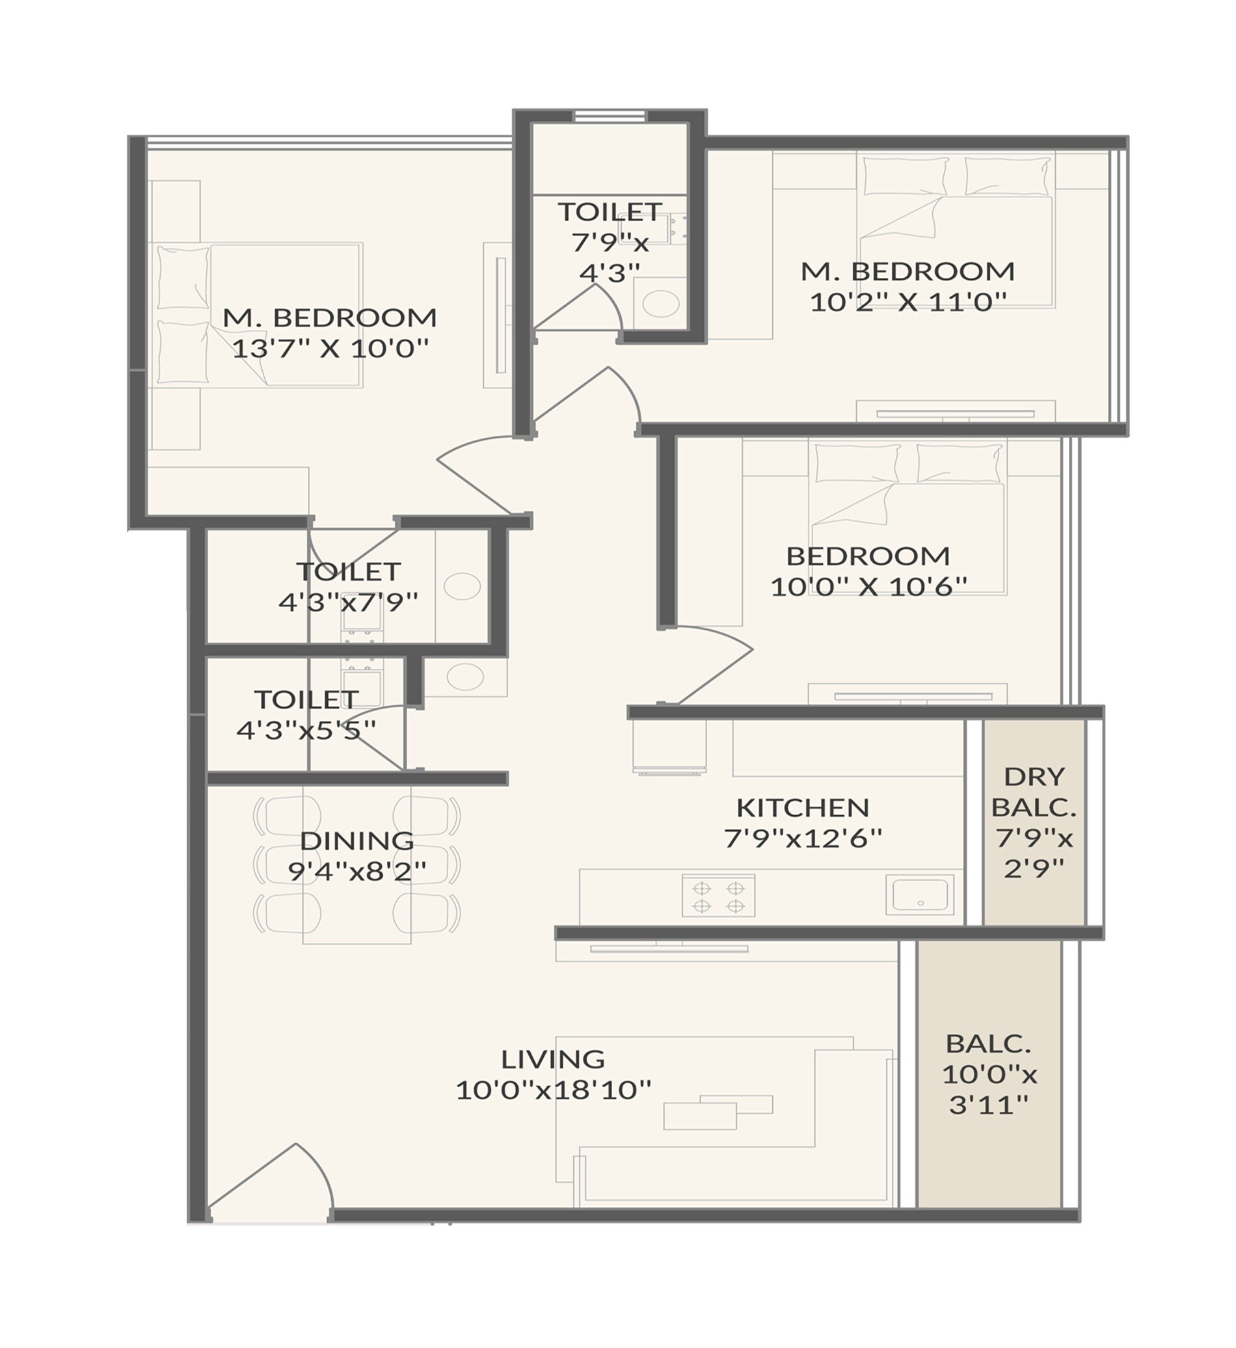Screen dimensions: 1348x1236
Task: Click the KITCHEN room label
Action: tap(802, 807)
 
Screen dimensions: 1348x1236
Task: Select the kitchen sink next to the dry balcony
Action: tap(920, 895)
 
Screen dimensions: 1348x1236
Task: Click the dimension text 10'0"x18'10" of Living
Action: tap(553, 1090)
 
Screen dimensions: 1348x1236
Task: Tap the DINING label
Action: tap(356, 841)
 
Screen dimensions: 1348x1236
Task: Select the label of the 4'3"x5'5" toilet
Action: tap(306, 700)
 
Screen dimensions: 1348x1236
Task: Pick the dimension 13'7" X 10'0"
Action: tap(330, 349)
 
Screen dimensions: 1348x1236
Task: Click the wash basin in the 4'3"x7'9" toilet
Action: tap(462, 587)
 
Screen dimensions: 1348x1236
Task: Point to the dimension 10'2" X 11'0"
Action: tap(907, 303)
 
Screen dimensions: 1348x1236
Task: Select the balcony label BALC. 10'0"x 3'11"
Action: tap(989, 1043)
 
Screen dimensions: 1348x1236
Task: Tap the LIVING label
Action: tap(552, 1059)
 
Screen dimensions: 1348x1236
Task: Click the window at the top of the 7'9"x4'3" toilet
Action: tap(610, 116)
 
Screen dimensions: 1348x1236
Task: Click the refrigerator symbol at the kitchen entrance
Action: tap(669, 747)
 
